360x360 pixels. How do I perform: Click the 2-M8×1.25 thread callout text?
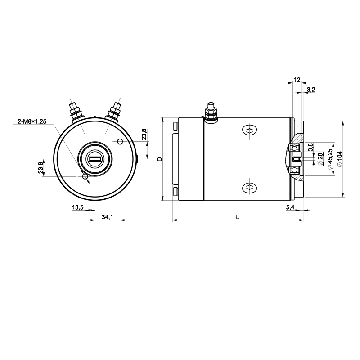pos(32,121)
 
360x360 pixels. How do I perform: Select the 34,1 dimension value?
pos(108,217)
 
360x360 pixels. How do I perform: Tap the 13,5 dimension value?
pos(78,207)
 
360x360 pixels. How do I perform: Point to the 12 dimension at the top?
pos(297,80)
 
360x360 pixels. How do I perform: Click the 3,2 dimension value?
pos(311,90)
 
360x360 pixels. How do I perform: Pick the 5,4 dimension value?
pos(290,207)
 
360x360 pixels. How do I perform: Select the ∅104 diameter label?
pos(340,159)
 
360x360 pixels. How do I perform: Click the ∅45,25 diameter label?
pos(330,159)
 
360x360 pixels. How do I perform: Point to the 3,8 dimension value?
pos(310,147)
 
